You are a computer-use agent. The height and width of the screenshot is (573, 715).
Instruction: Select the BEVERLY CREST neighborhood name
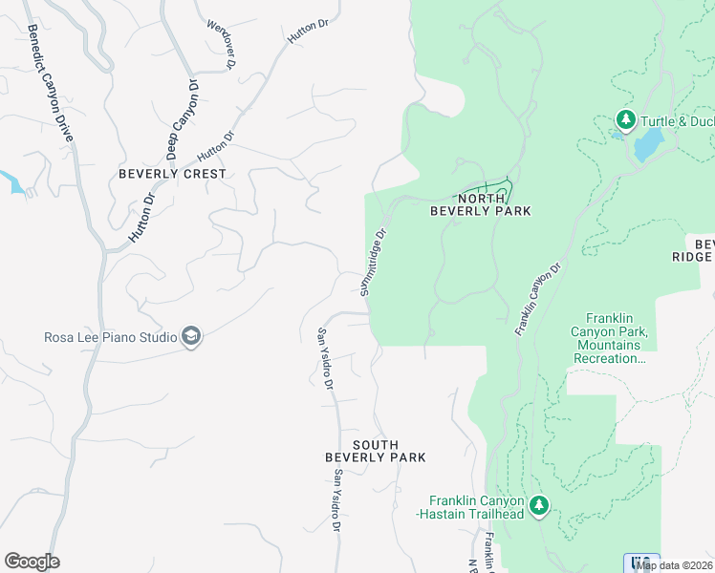click(173, 174)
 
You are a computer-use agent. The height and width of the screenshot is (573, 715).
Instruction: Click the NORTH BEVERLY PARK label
click(480, 203)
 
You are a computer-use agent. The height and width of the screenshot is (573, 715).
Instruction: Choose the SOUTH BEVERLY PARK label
click(376, 452)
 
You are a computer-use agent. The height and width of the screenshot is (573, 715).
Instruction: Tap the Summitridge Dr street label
click(375, 261)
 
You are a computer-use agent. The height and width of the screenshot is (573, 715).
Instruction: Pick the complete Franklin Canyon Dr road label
click(536, 299)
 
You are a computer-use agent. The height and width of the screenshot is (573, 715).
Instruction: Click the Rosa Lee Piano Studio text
click(110, 337)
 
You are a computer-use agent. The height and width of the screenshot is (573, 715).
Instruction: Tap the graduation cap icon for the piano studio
click(191, 336)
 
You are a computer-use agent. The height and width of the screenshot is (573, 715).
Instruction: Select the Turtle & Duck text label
click(677, 120)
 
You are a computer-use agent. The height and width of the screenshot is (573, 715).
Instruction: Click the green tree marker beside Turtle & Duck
click(626, 119)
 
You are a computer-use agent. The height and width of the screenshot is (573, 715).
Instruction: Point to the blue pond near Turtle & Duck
click(648, 145)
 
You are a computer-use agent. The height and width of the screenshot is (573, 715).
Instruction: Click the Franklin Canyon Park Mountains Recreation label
click(612, 338)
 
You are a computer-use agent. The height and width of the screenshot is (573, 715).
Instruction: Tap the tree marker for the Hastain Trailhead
click(539, 505)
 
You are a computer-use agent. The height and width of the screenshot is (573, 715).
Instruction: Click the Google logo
click(32, 562)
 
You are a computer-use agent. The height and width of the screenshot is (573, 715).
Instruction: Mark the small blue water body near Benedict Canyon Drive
click(12, 181)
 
